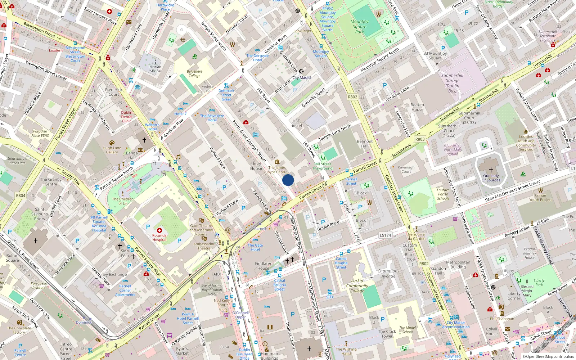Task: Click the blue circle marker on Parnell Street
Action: click(288, 180)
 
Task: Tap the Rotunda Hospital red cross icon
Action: click(159, 230)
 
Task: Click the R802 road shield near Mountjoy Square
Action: click(352, 97)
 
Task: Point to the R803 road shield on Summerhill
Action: click(420, 139)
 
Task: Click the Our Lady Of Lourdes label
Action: click(491, 178)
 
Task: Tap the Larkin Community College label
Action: click(357, 286)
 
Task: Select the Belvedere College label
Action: click(194, 73)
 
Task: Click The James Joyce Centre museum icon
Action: click(277, 162)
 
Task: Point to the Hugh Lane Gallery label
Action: click(112, 150)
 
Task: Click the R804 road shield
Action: click(21, 195)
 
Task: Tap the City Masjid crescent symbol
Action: click(302, 72)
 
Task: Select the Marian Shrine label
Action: click(156, 69)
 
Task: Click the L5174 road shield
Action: click(385, 235)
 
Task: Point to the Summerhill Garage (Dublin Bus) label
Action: click(452, 83)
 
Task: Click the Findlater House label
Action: click(263, 266)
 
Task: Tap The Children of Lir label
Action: click(123, 201)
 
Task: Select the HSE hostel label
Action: click(296, 123)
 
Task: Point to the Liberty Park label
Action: click(539, 283)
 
